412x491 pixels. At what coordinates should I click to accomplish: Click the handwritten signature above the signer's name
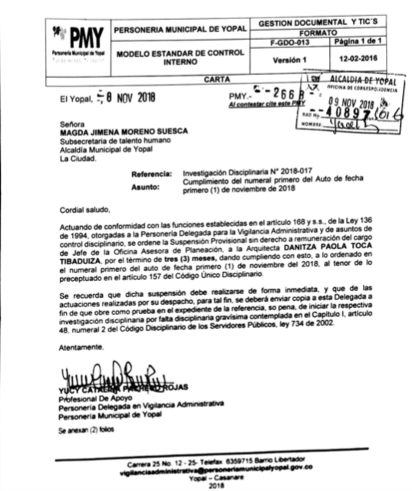point(107,376)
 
